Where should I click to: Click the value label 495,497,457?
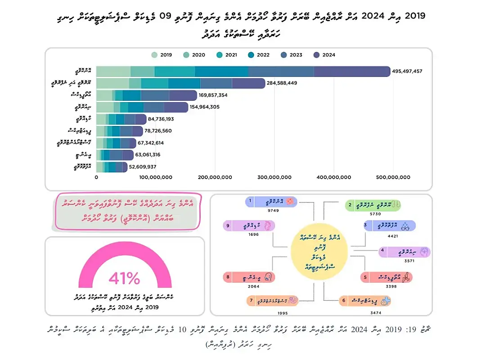[407, 72]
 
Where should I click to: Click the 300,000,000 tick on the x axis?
[274, 177]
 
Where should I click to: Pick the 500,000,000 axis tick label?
[393, 177]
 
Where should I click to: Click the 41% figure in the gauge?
[124, 279]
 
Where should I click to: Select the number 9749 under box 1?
[269, 210]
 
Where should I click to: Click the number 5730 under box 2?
[363, 214]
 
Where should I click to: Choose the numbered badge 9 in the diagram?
[228, 225]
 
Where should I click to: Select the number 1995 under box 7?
[282, 313]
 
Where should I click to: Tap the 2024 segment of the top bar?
[351, 72]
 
